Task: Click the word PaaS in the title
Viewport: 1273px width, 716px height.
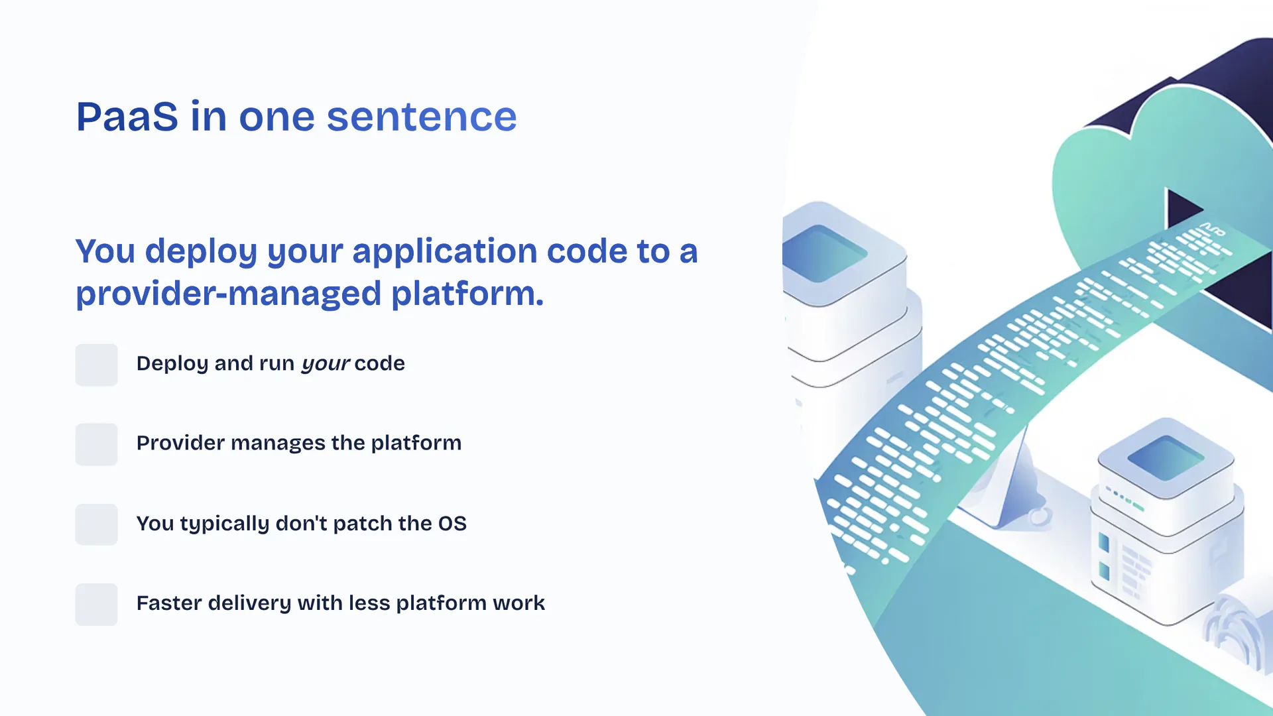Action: pyautogui.click(x=127, y=117)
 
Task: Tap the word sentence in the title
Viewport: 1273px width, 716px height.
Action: pyautogui.click(x=422, y=117)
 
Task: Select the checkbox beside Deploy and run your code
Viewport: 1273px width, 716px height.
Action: pyautogui.click(x=96, y=365)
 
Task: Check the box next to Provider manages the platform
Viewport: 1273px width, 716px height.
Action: pyautogui.click(x=96, y=444)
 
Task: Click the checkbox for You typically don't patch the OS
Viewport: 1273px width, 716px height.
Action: pyautogui.click(x=96, y=524)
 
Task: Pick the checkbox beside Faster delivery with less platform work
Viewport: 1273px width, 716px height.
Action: pyautogui.click(x=96, y=604)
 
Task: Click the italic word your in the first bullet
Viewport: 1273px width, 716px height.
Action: pyautogui.click(x=326, y=364)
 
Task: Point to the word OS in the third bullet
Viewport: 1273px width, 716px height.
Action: pyautogui.click(x=452, y=524)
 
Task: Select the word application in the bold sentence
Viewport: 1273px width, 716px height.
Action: pyautogui.click(x=444, y=253)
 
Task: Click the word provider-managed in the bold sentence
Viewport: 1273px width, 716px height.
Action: pyautogui.click(x=229, y=294)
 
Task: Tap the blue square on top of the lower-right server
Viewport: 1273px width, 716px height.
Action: pyautogui.click(x=1166, y=457)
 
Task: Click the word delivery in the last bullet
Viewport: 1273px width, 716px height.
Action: pyautogui.click(x=249, y=603)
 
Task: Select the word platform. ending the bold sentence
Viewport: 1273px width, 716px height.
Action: pyautogui.click(x=467, y=294)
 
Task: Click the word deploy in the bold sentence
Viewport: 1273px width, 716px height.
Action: pyautogui.click(x=201, y=253)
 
